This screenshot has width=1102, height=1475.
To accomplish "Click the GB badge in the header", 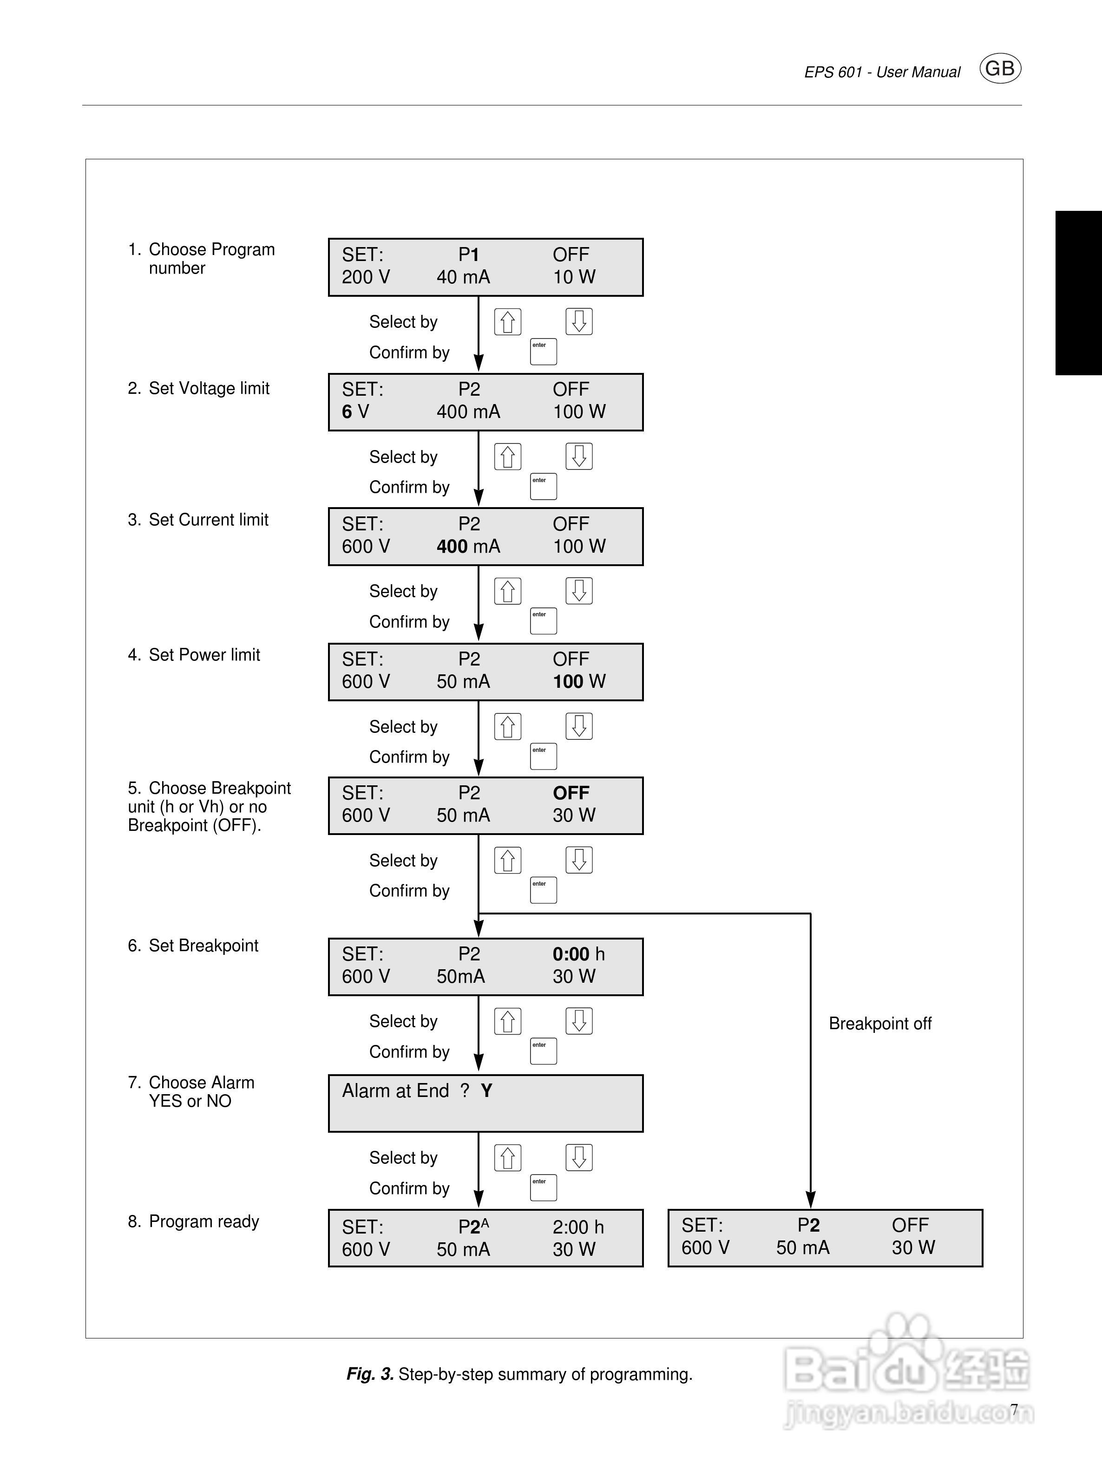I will point(999,69).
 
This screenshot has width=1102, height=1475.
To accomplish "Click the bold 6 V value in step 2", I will point(355,412).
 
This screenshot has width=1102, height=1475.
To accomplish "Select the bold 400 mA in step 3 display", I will point(468,547).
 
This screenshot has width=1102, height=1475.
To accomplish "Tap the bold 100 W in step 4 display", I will point(578,681).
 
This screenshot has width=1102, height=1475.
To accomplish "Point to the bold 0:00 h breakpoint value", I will point(577,954).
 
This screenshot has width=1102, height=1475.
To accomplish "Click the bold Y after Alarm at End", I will point(486,1091).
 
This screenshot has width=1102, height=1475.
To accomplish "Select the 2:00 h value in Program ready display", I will point(577,1227).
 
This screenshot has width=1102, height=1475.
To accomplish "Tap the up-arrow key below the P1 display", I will point(508,322).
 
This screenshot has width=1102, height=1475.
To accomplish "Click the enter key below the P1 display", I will point(543,352).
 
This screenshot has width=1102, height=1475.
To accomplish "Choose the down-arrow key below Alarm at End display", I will point(579,1158).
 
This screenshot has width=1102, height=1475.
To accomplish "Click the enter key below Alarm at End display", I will point(543,1188).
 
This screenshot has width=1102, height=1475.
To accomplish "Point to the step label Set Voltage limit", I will point(208,388).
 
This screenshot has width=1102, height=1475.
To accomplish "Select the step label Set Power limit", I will point(203,655).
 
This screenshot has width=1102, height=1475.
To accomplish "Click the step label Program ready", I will point(203,1221).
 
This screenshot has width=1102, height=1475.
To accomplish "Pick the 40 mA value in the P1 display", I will point(463,277).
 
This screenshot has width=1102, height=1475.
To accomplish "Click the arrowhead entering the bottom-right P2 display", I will point(811,1200).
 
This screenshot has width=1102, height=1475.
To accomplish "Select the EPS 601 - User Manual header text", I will point(882,72).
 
